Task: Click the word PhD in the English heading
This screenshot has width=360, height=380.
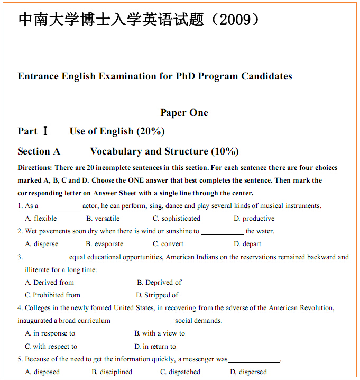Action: [x=187, y=76]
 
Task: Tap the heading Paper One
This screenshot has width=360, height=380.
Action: [x=184, y=113]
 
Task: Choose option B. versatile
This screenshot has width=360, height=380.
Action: [x=103, y=219]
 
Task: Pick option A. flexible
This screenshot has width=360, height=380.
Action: [x=41, y=219]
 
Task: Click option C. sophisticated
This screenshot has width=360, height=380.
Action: [x=177, y=219]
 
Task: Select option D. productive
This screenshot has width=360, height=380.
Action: [x=254, y=219]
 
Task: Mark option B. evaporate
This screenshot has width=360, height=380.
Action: [x=105, y=244]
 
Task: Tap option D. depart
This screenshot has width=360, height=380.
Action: [x=247, y=244]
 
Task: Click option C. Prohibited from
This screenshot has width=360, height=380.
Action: [x=53, y=295]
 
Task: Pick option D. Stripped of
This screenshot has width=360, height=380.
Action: [x=157, y=295]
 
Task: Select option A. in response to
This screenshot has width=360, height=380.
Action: [x=50, y=333]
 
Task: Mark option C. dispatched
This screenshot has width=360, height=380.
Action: [x=180, y=372]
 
